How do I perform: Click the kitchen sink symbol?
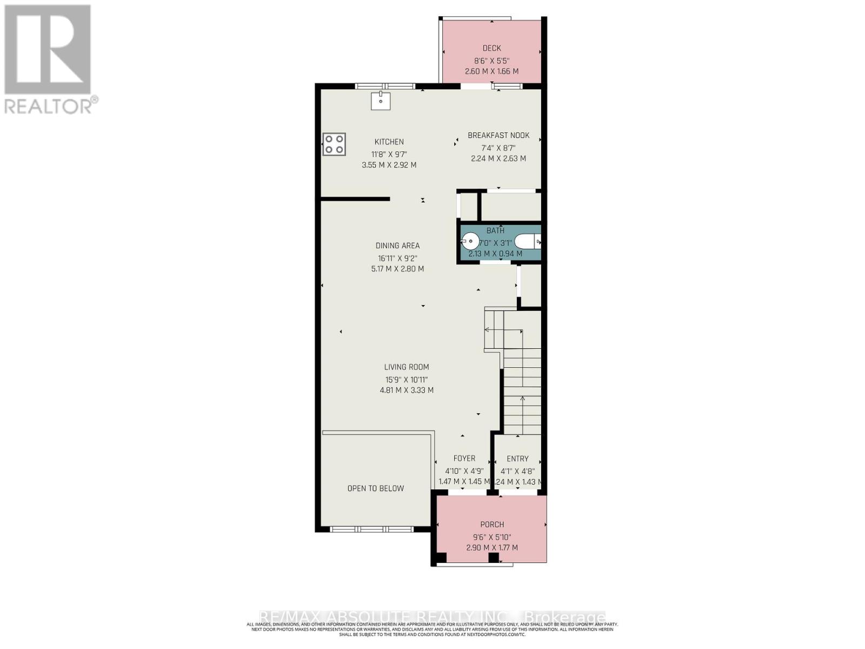(x=381, y=101)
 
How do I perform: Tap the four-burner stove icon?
(x=334, y=144)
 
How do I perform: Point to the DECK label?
(x=491, y=48)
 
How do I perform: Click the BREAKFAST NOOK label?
(x=498, y=135)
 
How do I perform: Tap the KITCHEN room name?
(x=389, y=142)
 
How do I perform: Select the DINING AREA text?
(x=398, y=246)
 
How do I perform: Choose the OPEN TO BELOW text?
(x=376, y=488)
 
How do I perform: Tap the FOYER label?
(x=464, y=458)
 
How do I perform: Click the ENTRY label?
(x=517, y=459)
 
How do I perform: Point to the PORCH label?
(x=492, y=524)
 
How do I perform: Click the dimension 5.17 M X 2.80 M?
(x=397, y=269)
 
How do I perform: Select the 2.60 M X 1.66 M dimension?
(x=491, y=71)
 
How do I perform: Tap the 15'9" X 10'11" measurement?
(x=407, y=380)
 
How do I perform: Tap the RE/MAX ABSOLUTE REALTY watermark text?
(x=432, y=617)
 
